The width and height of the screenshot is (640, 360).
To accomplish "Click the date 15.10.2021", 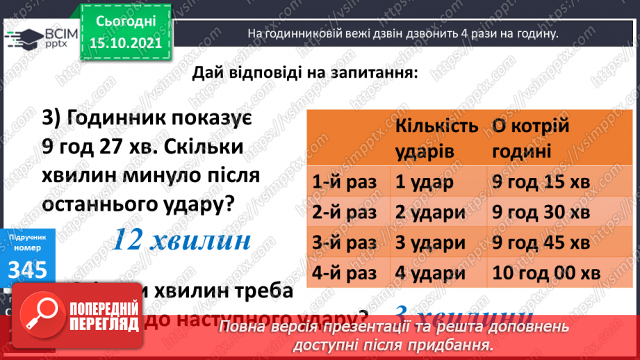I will pos(126,43).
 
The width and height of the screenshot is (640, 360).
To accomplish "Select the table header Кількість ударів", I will pos(437,138).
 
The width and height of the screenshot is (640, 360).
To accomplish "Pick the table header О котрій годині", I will pos(531,138).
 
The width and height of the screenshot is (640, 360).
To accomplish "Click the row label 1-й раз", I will pos(345,183).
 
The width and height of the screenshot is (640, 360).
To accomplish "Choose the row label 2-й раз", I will pos(345,213).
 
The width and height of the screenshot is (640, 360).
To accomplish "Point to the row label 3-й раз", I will pos(345,243).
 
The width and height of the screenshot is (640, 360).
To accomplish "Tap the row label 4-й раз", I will pos(345,272).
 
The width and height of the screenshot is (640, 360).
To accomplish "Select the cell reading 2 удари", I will pos(429,213).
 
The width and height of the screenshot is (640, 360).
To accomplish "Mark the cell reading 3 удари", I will pos(429,243).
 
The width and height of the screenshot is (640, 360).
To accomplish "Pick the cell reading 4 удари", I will pos(429,272).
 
